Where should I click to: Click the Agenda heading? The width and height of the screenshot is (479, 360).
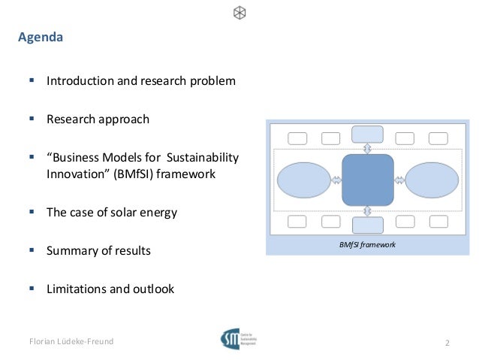pyautogui.click(x=41, y=37)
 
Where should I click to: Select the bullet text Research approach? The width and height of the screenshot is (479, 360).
pyautogui.click(x=98, y=119)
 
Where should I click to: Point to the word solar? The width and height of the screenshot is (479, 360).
pyautogui.click(x=124, y=213)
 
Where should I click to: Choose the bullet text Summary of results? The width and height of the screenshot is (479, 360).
pyautogui.click(x=98, y=251)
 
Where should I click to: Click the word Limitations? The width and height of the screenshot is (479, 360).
pyautogui.click(x=77, y=289)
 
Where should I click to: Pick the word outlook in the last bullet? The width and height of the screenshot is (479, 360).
pyautogui.click(x=153, y=289)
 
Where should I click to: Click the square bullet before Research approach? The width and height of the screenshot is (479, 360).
pyautogui.click(x=32, y=119)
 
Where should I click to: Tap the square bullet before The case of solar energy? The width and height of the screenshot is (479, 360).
pyautogui.click(x=32, y=212)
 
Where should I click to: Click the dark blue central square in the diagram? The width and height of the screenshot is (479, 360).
pyautogui.click(x=367, y=180)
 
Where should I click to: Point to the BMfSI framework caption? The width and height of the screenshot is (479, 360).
pyautogui.click(x=368, y=246)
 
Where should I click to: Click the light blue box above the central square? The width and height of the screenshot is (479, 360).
pyautogui.click(x=367, y=135)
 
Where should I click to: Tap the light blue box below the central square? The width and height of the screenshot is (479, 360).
pyautogui.click(x=367, y=225)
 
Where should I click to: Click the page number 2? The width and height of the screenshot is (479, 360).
pyautogui.click(x=447, y=343)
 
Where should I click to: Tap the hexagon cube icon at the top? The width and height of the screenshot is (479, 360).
pyautogui.click(x=239, y=13)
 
